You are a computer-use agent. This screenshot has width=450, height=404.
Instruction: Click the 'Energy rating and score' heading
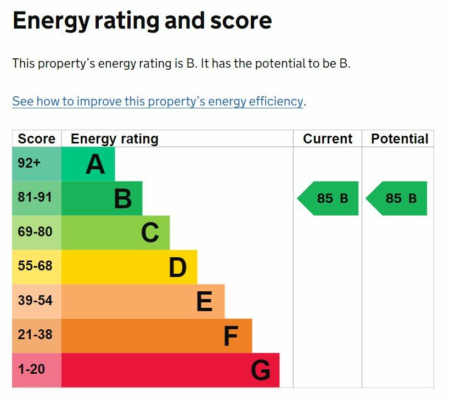pyautogui.click(x=142, y=21)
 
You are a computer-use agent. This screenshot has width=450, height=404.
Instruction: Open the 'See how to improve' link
pyautogui.click(x=157, y=102)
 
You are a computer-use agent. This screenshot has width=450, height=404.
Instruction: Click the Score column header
pyautogui.click(x=36, y=139)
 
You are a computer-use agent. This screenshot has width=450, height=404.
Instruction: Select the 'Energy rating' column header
pyautogui.click(x=114, y=139)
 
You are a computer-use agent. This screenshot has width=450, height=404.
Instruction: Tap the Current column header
pyautogui.click(x=328, y=139)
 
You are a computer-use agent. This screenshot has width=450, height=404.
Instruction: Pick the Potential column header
pyautogui.click(x=399, y=139)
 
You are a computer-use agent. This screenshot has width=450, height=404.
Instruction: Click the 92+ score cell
pyautogui.click(x=29, y=163)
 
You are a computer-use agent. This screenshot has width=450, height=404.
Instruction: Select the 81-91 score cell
pyautogui.click(x=35, y=197)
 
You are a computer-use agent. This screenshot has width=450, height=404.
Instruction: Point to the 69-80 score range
pyautogui.click(x=35, y=232)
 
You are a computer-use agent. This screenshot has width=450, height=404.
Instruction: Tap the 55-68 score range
pyautogui.click(x=35, y=266)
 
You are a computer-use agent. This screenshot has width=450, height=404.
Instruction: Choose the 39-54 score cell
pyautogui.click(x=35, y=301)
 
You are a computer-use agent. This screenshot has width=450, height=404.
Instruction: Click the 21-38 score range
pyautogui.click(x=35, y=335)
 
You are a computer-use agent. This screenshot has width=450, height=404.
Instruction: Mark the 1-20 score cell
pyautogui.click(x=31, y=369)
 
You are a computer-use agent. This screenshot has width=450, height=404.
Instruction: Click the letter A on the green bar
pyautogui.click(x=95, y=164)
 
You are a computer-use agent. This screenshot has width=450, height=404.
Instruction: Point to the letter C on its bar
pyautogui.click(x=150, y=233)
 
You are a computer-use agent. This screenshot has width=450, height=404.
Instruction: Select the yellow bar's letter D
pyautogui.click(x=177, y=268)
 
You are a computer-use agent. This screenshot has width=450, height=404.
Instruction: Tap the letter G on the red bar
pyautogui.click(x=261, y=370)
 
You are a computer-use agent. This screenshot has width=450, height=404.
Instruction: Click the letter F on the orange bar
pyautogui.click(x=231, y=336)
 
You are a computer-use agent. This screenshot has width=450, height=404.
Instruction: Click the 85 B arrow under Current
pyautogui.click(x=329, y=198)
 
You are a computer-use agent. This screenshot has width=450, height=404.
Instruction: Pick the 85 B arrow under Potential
pyautogui.click(x=398, y=198)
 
